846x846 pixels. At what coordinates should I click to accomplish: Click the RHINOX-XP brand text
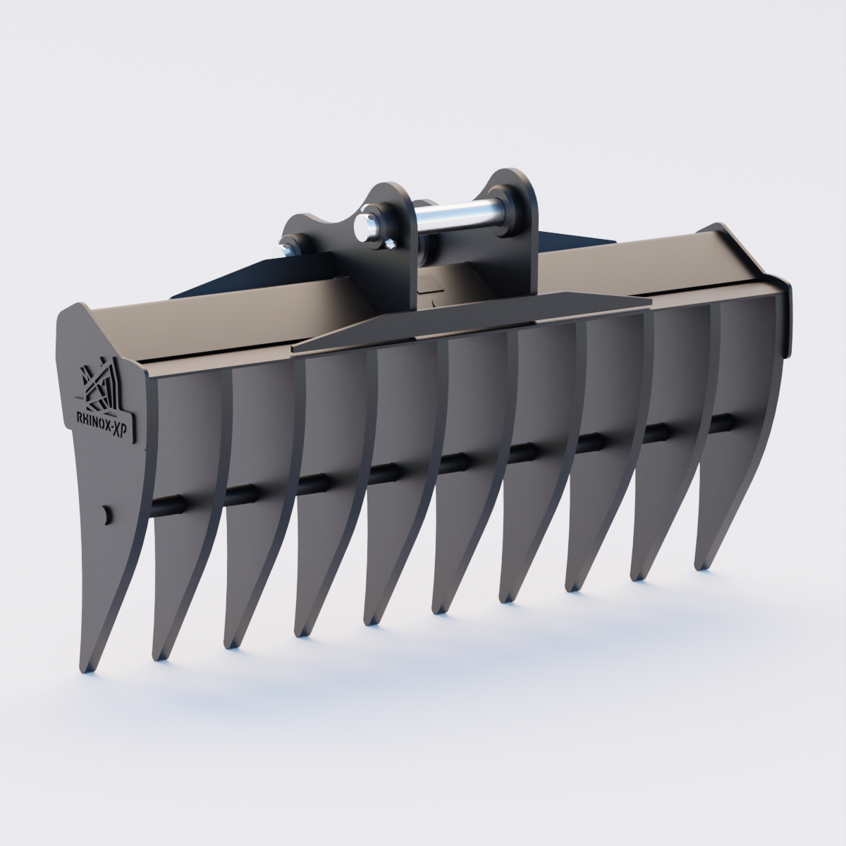106,417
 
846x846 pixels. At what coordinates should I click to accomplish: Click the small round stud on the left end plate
105,514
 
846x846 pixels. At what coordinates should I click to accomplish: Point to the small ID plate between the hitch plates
428,283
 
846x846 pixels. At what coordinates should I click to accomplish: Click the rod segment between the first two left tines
167,505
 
